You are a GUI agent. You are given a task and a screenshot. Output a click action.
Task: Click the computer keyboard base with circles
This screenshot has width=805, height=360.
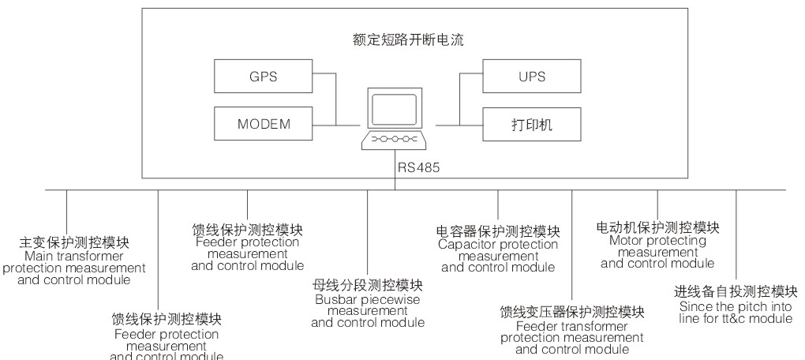pyautogui.click(x=395, y=141)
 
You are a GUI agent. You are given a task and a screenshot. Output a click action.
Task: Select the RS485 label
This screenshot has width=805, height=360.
pyautogui.click(x=419, y=167)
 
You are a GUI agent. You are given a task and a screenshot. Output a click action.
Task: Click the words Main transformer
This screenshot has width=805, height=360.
pyautogui.click(x=74, y=256)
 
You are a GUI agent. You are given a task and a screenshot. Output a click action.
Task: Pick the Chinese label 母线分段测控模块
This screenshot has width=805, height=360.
pyautogui.click(x=367, y=285)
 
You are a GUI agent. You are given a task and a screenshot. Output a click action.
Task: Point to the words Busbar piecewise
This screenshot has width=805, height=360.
pyautogui.click(x=367, y=299)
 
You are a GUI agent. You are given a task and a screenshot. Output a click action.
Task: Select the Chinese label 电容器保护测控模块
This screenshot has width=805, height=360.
pyautogui.click(x=498, y=231)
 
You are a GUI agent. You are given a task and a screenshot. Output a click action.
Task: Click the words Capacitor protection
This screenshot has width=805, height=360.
pyautogui.click(x=498, y=244)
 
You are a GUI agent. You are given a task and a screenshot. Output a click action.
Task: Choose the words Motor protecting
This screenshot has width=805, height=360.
pyautogui.click(x=657, y=240)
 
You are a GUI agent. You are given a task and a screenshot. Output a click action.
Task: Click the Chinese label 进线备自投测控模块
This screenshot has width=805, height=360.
pyautogui.click(x=736, y=291)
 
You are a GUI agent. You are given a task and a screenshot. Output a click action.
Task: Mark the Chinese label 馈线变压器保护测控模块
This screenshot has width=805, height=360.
pyautogui.click(x=572, y=312)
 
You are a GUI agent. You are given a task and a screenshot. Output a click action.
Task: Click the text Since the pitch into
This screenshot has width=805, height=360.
pyautogui.click(x=736, y=306)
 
